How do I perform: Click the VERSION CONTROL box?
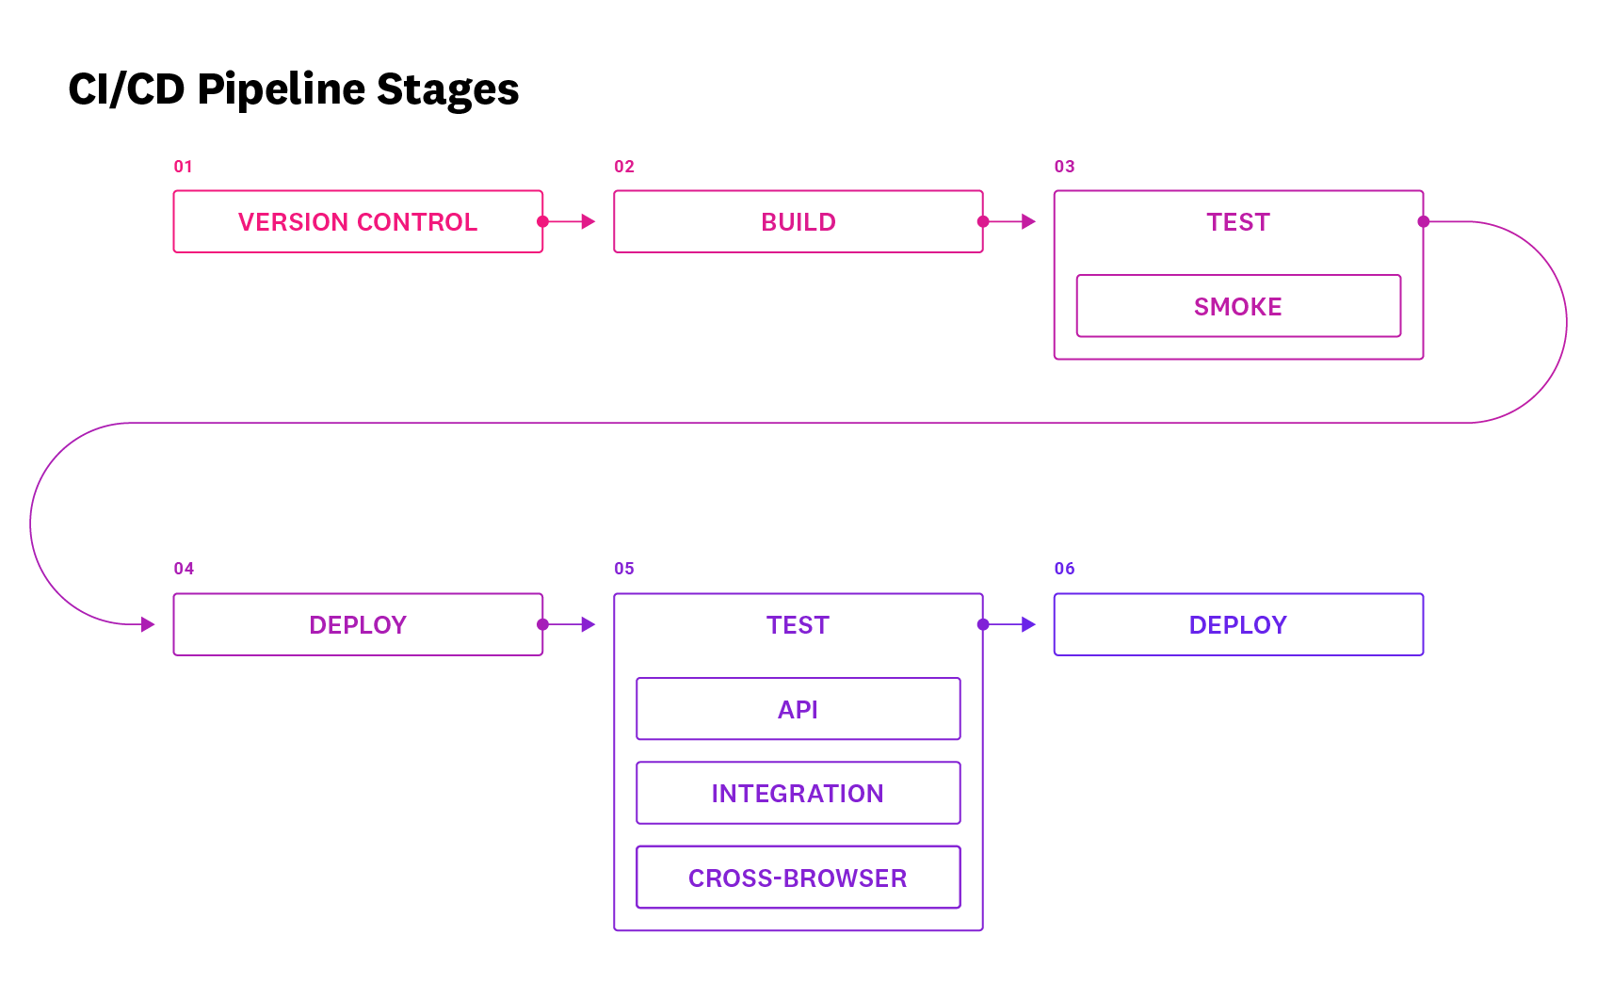pos(358,222)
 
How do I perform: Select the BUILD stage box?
pos(798,222)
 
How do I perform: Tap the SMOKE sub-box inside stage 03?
pos(1238,306)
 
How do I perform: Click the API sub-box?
pos(798,709)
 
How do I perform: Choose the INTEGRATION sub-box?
pos(798,793)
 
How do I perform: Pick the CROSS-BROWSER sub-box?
pos(798,878)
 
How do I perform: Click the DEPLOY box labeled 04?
pos(358,624)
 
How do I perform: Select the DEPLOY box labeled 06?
pos(1238,624)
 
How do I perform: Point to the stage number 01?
pos(183,167)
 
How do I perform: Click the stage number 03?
pos(1064,167)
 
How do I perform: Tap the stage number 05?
pos(624,569)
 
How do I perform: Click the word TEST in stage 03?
pos(1238,222)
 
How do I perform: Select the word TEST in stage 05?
pos(798,625)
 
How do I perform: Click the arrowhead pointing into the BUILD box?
pos(589,222)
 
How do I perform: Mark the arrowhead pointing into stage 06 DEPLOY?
pos(1029,624)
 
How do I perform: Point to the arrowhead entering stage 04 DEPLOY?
pos(148,624)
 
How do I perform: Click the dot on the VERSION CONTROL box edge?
pos(542,222)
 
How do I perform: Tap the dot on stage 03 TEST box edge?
pos(1423,222)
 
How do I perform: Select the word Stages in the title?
pos(447,90)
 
